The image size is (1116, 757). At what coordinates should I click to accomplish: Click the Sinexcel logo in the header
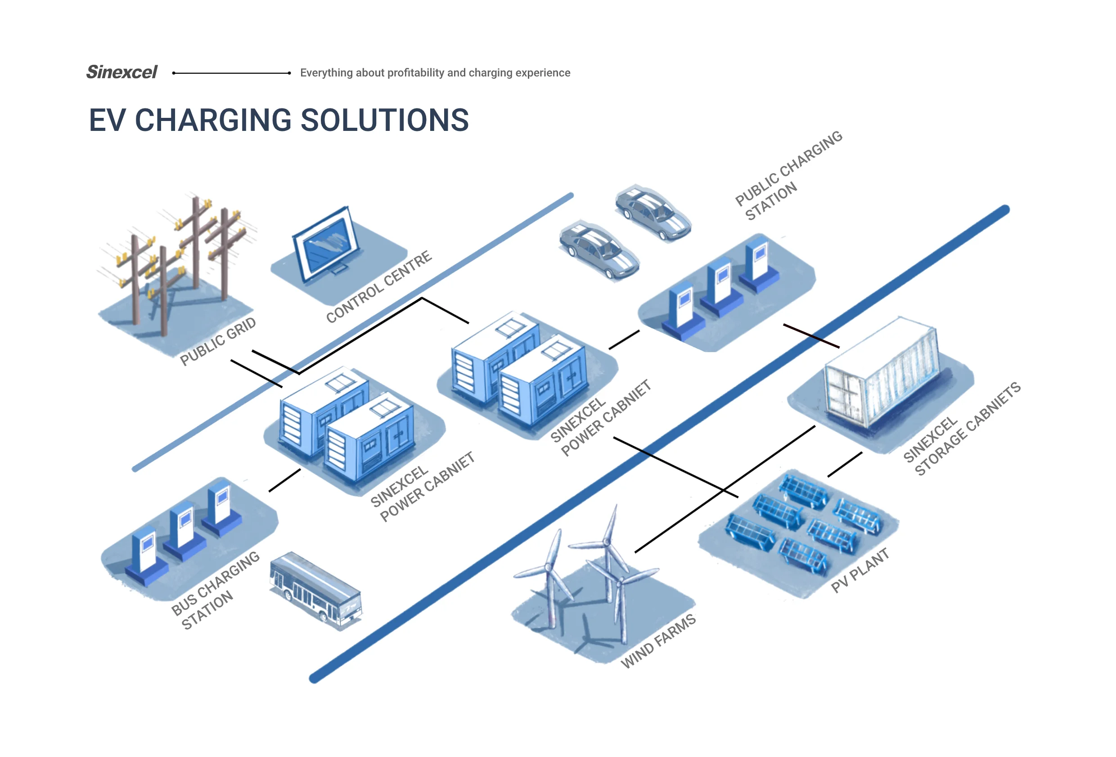[121, 72]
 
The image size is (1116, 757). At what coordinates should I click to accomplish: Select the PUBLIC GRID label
[217, 341]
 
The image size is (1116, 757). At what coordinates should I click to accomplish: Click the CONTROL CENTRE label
[379, 287]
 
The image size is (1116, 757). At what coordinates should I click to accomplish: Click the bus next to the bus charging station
[315, 591]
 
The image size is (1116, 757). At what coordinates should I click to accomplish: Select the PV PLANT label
[859, 570]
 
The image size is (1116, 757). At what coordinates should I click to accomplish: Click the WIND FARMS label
[658, 641]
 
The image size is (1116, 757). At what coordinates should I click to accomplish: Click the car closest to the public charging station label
[653, 212]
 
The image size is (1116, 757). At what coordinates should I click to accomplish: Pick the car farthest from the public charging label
[599, 250]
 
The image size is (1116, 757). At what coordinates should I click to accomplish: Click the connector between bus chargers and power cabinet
[285, 480]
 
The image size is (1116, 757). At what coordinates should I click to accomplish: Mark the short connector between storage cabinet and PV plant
[845, 465]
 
